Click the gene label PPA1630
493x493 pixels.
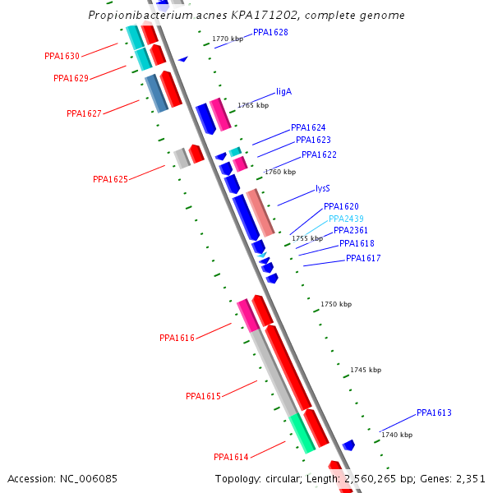(62, 57)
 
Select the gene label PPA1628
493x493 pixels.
(270, 32)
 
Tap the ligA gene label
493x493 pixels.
(284, 92)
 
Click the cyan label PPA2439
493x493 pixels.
(346, 219)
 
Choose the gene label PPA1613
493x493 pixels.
(434, 412)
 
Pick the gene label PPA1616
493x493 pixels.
(177, 338)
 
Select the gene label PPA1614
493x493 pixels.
(231, 457)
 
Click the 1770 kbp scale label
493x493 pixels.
(228, 39)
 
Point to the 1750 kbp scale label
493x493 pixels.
(335, 304)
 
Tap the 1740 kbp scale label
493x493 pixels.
(397, 435)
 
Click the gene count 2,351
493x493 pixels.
(469, 478)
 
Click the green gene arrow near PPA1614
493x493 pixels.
(302, 434)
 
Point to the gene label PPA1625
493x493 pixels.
(110, 179)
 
